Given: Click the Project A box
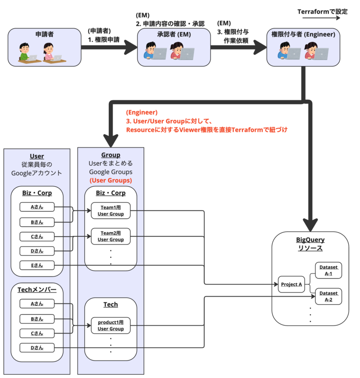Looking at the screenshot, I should [x=291, y=284].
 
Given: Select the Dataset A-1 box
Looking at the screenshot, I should [x=328, y=270].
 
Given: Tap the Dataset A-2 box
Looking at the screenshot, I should [x=328, y=296].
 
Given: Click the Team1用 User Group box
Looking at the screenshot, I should [x=111, y=210].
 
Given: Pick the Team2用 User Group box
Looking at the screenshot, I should [x=111, y=236].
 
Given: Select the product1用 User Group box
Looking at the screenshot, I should [x=111, y=325].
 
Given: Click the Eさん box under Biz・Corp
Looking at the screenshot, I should [x=37, y=265].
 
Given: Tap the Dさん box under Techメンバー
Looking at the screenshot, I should [x=37, y=348].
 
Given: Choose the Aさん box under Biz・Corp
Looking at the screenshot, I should [x=37, y=207].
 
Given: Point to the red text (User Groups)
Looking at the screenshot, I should [x=111, y=180].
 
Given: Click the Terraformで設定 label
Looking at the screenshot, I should [x=322, y=11].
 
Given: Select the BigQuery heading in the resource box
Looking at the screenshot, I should [x=310, y=240].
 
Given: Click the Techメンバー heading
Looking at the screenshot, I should [x=37, y=289].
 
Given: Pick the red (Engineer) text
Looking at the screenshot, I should [x=141, y=112].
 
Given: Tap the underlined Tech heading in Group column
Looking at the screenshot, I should [x=111, y=304].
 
